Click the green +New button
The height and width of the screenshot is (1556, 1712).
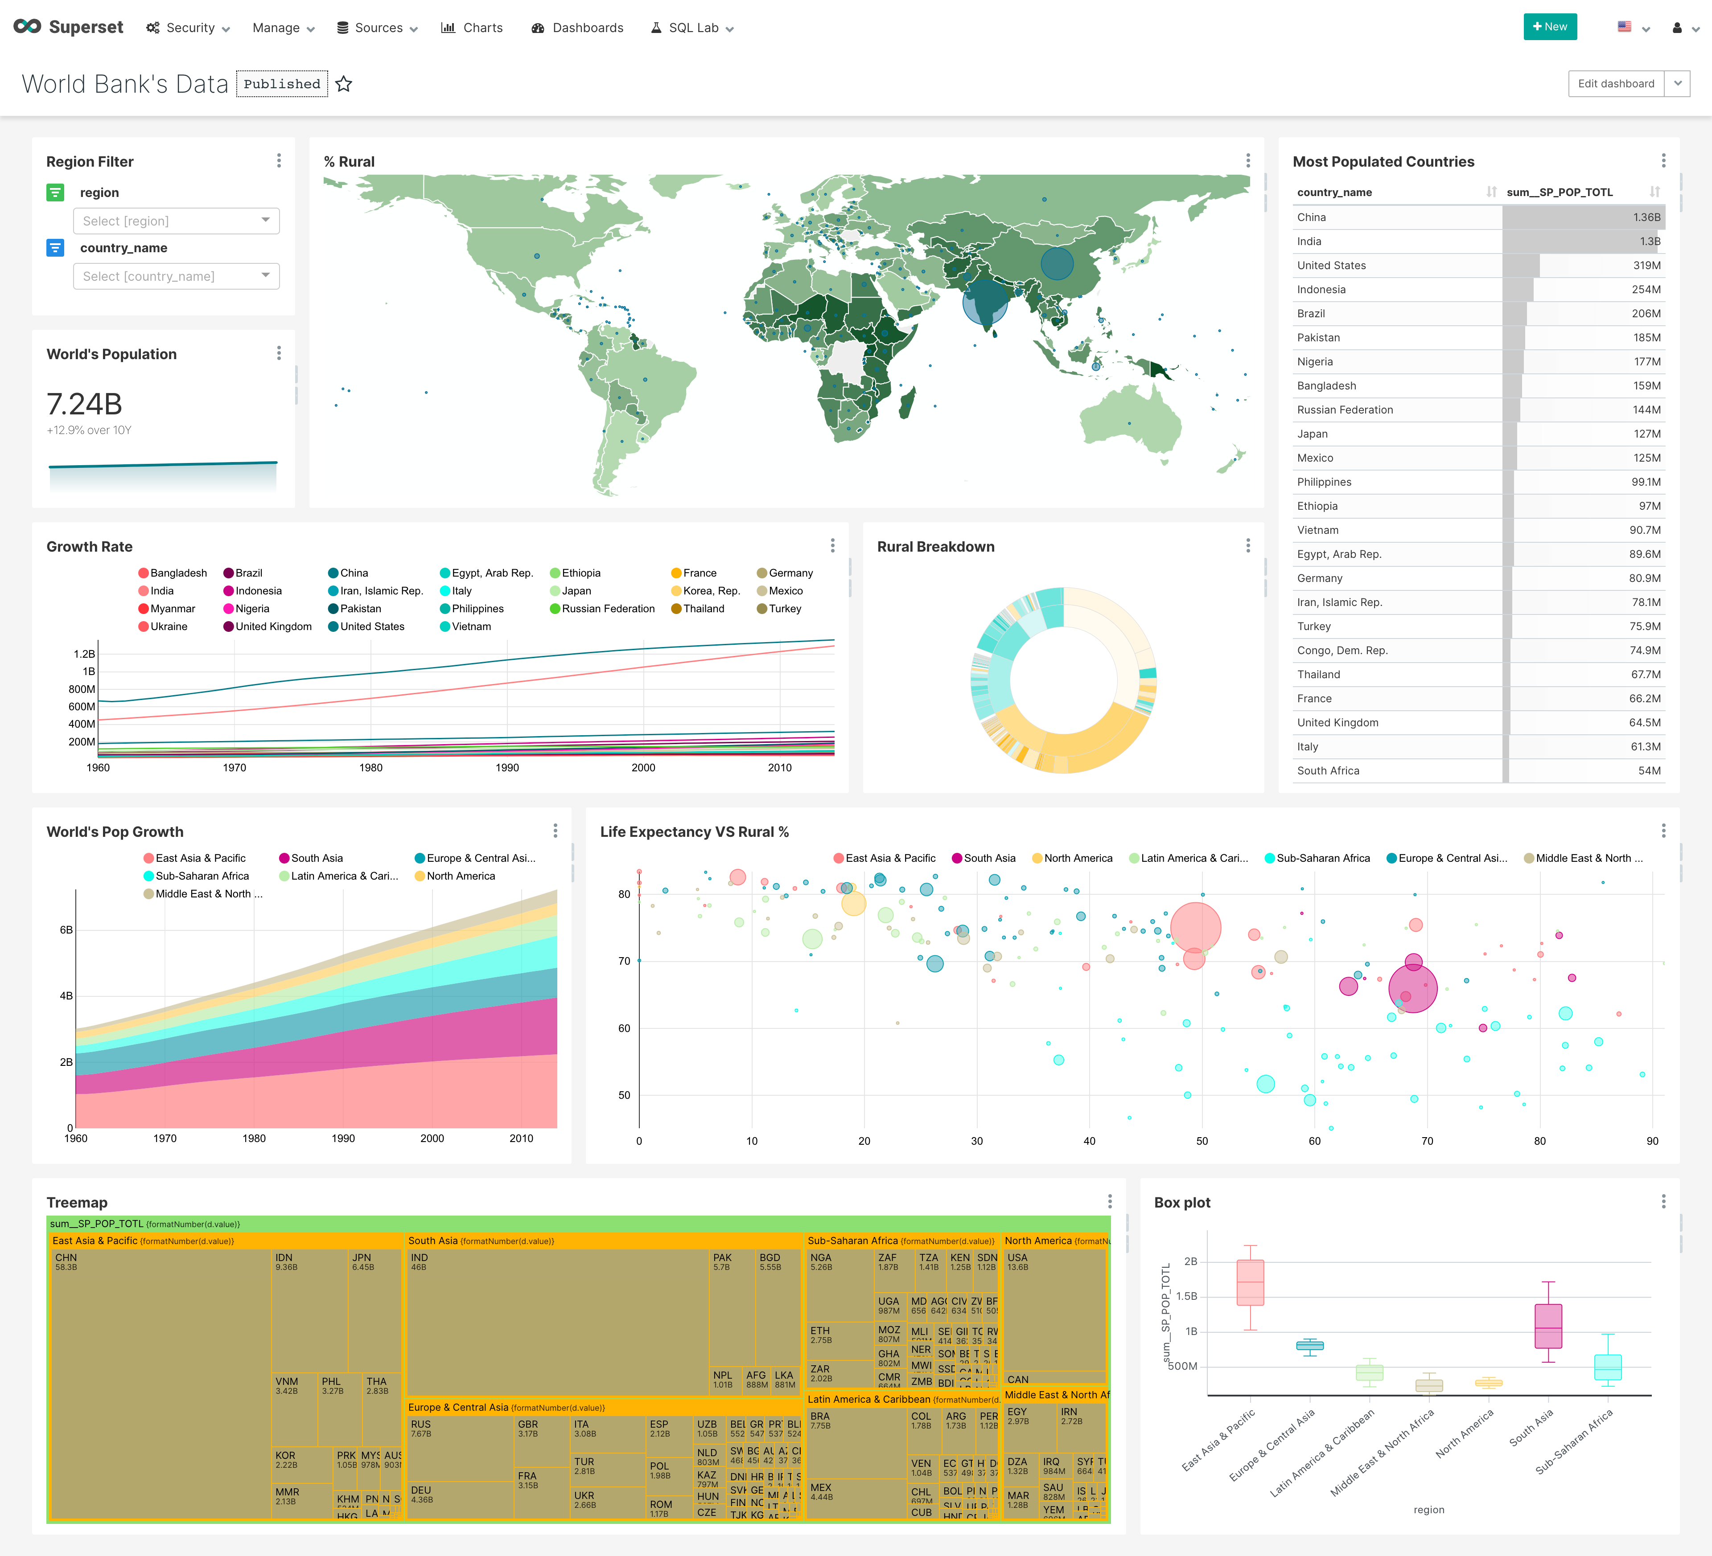pyautogui.click(x=1550, y=27)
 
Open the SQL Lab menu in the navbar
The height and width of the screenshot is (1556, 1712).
pyautogui.click(x=692, y=28)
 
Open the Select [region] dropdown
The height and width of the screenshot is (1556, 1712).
pyautogui.click(x=176, y=221)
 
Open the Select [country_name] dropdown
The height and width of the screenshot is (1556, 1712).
pyautogui.click(x=176, y=276)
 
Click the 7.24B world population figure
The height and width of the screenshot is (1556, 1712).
pyautogui.click(x=84, y=404)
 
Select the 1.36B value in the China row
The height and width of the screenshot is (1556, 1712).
pyautogui.click(x=1646, y=217)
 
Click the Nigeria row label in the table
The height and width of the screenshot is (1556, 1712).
pyautogui.click(x=1315, y=362)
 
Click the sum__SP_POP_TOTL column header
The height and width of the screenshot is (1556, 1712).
pyautogui.click(x=1559, y=192)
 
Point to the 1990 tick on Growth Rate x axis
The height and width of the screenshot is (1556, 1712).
pyautogui.click(x=507, y=767)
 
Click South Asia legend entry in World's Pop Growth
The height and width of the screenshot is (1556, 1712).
pyautogui.click(x=316, y=858)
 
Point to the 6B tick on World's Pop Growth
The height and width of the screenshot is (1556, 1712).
pyautogui.click(x=66, y=930)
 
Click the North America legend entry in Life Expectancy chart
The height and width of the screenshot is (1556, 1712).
pyautogui.click(x=1077, y=858)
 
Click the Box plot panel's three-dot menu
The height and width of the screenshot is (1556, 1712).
pyautogui.click(x=1663, y=1202)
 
